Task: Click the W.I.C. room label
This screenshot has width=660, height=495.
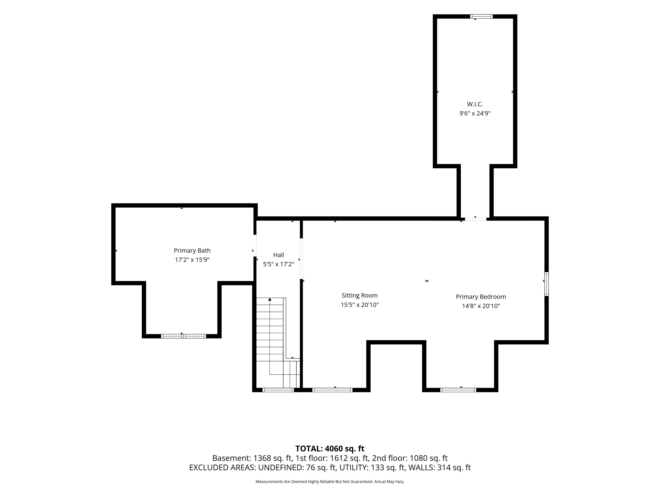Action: click(475, 104)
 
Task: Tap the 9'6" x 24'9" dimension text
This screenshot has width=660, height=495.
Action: click(475, 113)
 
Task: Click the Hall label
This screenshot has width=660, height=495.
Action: click(278, 255)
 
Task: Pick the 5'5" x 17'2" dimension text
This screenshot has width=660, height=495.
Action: click(278, 264)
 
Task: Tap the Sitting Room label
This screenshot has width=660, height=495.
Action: click(360, 295)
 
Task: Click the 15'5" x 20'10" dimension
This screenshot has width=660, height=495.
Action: click(360, 305)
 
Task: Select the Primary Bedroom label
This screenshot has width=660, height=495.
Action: click(481, 297)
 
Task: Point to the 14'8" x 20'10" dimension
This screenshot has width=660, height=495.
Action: click(481, 306)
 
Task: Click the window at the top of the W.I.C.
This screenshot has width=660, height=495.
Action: click(481, 16)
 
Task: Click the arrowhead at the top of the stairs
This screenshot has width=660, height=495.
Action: click(270, 299)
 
